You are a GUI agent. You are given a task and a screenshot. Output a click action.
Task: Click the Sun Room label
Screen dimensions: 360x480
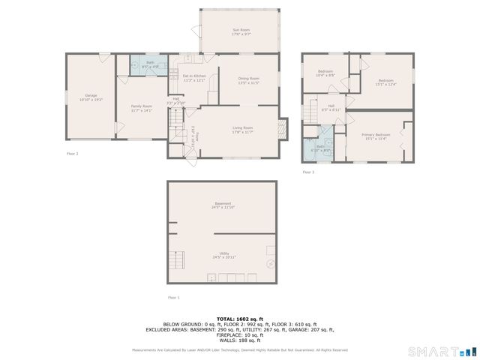click(x=241, y=31)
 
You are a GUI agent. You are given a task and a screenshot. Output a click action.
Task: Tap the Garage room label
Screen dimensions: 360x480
click(x=91, y=97)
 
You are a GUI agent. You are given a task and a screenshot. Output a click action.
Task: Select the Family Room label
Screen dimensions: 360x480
click(x=141, y=108)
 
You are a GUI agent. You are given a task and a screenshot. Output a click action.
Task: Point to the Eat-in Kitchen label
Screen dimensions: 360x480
click(x=194, y=78)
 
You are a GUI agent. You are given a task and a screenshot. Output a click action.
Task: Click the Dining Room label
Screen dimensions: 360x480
click(x=248, y=80)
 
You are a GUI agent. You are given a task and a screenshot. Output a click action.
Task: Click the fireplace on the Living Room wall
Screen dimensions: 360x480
click(x=282, y=129)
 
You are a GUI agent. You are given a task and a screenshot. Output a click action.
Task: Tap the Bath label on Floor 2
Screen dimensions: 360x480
click(x=150, y=64)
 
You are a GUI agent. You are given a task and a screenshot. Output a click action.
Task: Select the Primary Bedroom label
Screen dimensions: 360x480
click(x=378, y=136)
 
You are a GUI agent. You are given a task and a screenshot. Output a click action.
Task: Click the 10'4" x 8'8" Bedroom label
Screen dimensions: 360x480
click(x=325, y=73)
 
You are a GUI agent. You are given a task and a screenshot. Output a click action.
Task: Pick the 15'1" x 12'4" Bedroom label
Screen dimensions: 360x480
click(x=385, y=82)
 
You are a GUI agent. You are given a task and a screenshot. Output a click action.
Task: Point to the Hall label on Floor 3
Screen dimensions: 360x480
click(x=331, y=107)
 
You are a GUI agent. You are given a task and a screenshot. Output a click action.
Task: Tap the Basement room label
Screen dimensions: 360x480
click(x=223, y=205)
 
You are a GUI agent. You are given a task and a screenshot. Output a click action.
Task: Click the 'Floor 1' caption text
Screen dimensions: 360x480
click(x=174, y=298)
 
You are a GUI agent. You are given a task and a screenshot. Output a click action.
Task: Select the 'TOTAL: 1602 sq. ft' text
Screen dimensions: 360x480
click(x=239, y=319)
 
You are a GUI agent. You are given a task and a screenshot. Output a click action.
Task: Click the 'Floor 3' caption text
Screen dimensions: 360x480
click(x=308, y=172)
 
